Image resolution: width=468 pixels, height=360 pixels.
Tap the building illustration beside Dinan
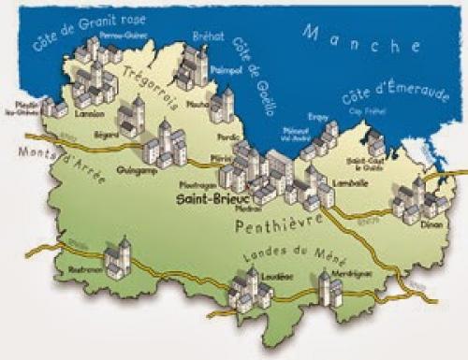409,200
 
